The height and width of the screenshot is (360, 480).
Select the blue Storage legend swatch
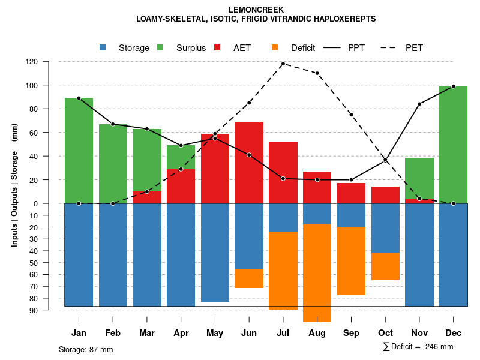[x=103, y=47]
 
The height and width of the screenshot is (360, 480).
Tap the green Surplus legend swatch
[x=160, y=47]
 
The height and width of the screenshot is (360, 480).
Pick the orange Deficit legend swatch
[x=275, y=47]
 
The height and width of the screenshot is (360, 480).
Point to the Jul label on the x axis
[x=283, y=333]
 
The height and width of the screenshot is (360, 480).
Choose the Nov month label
[x=419, y=333]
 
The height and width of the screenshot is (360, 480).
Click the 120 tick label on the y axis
[x=49, y=62]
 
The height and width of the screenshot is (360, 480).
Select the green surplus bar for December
[x=453, y=144]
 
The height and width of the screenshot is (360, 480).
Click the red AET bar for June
[x=249, y=162]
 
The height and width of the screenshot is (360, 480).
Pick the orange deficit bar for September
[x=351, y=261]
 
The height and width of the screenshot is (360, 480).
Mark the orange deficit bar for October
[x=385, y=266]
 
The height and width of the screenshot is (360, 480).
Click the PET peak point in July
[x=283, y=64]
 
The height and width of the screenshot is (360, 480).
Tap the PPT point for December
[x=453, y=86]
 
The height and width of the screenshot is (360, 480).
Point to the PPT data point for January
[x=79, y=98]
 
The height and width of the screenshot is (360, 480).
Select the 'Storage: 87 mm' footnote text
[x=86, y=349]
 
